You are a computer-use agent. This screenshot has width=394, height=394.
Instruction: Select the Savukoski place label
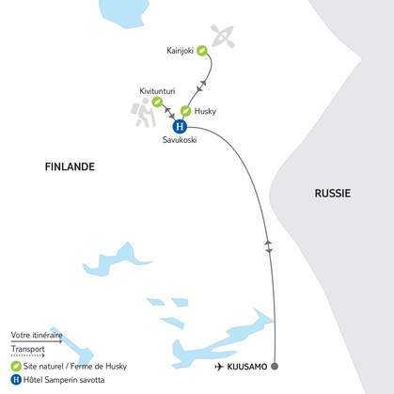181,143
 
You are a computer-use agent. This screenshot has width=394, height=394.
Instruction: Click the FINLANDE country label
71,167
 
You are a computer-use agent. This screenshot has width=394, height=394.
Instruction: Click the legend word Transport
29,347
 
